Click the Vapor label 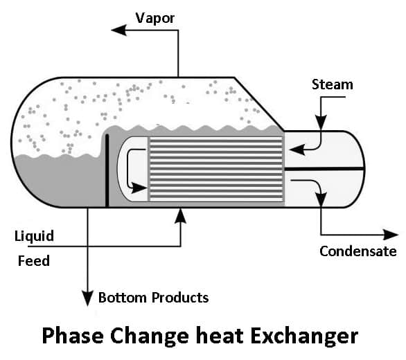tap(155, 19)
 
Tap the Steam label tap(333, 84)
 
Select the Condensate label tap(358, 251)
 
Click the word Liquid tap(34, 237)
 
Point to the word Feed tap(34, 260)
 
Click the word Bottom tap(123, 298)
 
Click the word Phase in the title tap(73, 336)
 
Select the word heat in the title tap(220, 336)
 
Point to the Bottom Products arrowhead tap(87, 298)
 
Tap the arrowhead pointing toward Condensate tap(391, 235)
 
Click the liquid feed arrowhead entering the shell tap(180, 215)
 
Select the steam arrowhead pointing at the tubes tap(297, 150)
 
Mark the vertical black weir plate tap(107, 171)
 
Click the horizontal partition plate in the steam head tap(324, 169)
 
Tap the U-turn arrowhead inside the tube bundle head tap(139, 188)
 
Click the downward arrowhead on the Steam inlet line tap(321, 122)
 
